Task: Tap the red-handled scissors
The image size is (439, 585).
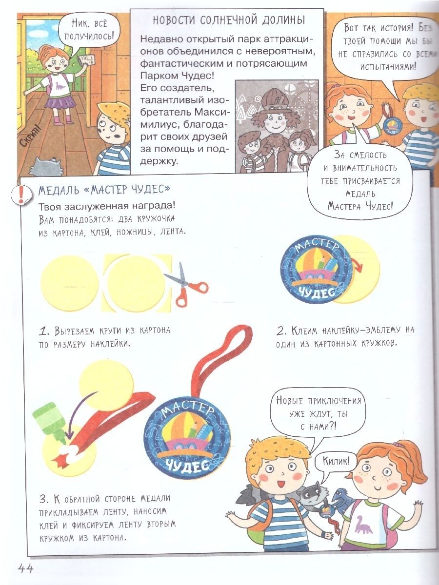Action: [186, 285]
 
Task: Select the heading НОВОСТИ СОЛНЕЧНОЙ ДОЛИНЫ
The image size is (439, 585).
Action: [229, 21]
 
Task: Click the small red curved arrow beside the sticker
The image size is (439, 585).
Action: [358, 265]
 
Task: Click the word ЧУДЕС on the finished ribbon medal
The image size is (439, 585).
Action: [187, 465]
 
